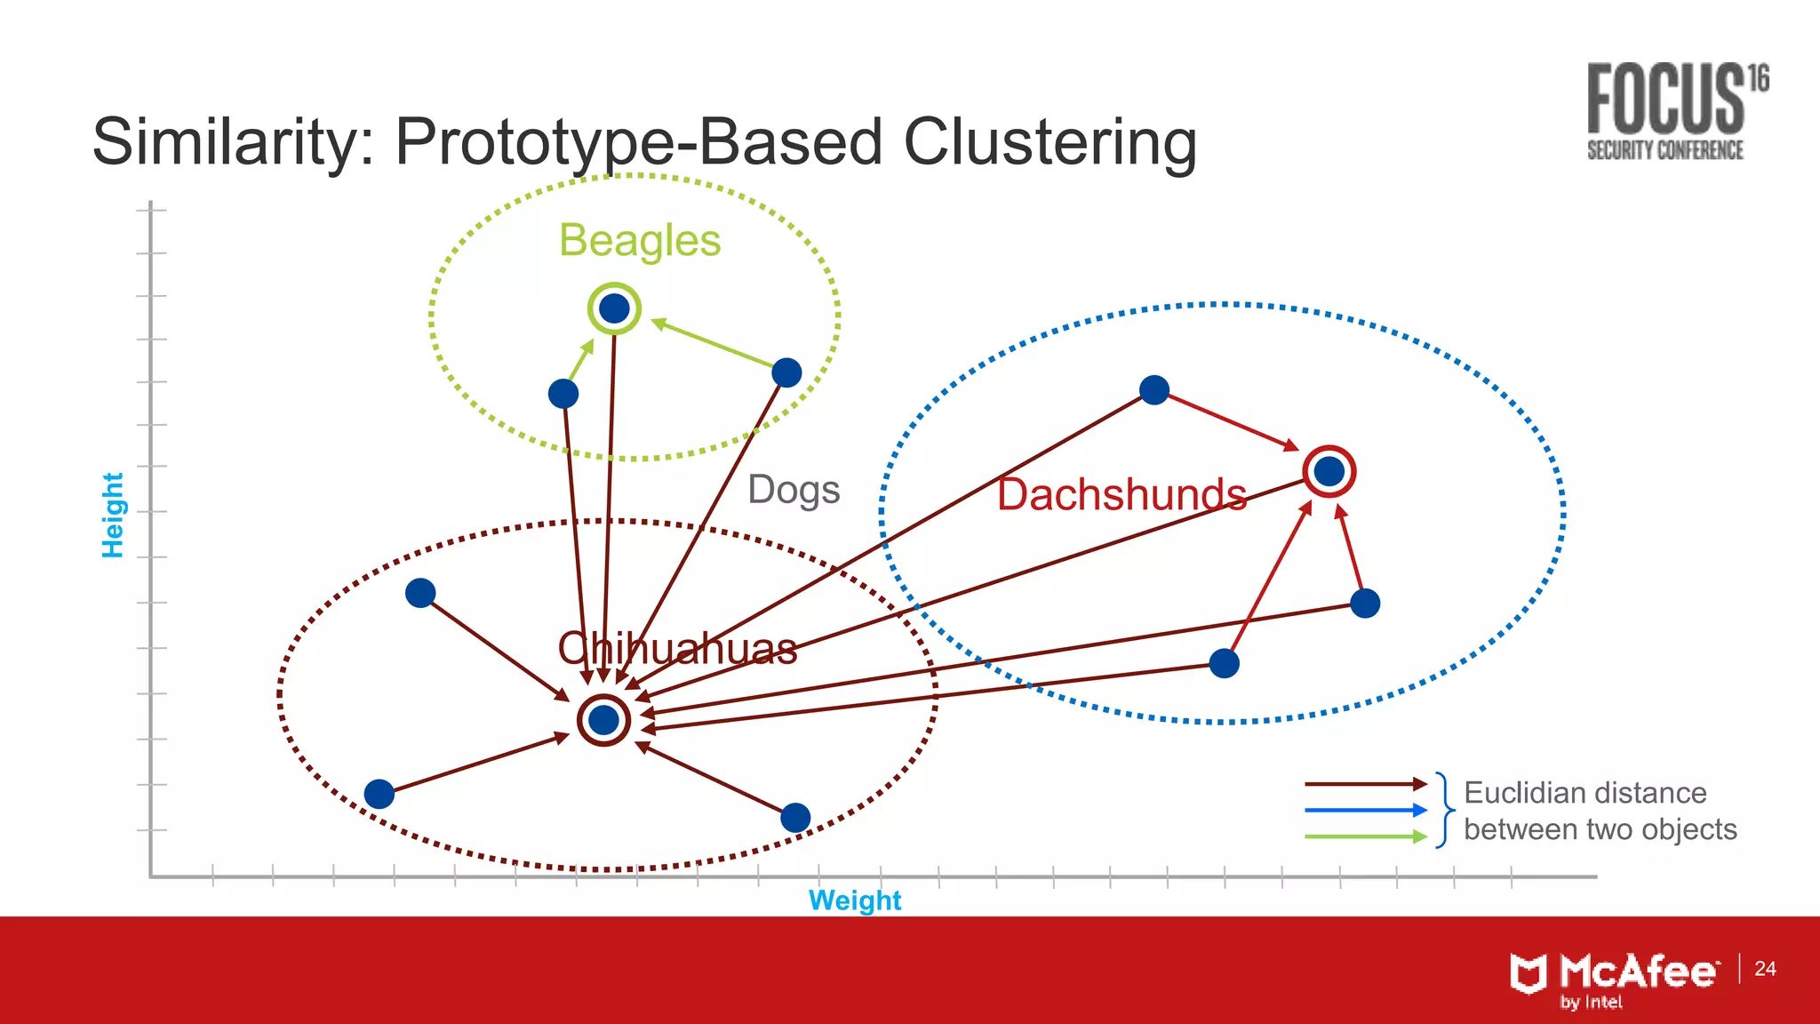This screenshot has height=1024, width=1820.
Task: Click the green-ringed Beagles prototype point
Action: pyautogui.click(x=614, y=308)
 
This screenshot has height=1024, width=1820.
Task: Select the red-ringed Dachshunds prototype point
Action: pyautogui.click(x=1329, y=471)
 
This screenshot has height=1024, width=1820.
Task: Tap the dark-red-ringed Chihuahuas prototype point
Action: pyautogui.click(x=603, y=720)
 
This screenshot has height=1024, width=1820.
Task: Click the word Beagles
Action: pyautogui.click(x=640, y=240)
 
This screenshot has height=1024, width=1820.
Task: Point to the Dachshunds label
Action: pyautogui.click(x=1122, y=494)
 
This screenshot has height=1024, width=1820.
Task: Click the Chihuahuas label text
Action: pyautogui.click(x=677, y=648)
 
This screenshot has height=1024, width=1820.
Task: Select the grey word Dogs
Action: pyautogui.click(x=794, y=490)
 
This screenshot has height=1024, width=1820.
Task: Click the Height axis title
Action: pyautogui.click(x=113, y=516)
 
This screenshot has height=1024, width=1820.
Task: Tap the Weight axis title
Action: pyautogui.click(x=855, y=900)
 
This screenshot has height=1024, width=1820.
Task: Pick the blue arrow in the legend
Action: pyautogui.click(x=1365, y=810)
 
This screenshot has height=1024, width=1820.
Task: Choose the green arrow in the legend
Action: pyautogui.click(x=1365, y=836)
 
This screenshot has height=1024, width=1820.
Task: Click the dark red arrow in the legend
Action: pyautogui.click(x=1365, y=784)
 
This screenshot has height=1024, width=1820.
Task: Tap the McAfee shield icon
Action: pyautogui.click(x=1529, y=973)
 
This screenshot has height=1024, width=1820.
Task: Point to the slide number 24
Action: pyautogui.click(x=1765, y=968)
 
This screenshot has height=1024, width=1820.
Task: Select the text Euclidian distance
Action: pyautogui.click(x=1585, y=792)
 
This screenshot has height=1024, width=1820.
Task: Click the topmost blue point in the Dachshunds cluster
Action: pyautogui.click(x=1153, y=389)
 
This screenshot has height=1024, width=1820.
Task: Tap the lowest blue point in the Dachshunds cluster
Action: pyautogui.click(x=1224, y=663)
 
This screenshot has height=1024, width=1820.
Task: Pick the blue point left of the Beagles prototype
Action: pyautogui.click(x=563, y=393)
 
